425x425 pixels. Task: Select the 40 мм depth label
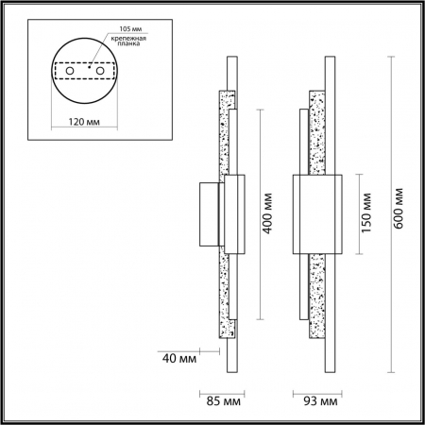[x=180, y=357]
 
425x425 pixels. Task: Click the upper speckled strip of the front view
[x=319, y=132]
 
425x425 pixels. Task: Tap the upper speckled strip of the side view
[x=225, y=132]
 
